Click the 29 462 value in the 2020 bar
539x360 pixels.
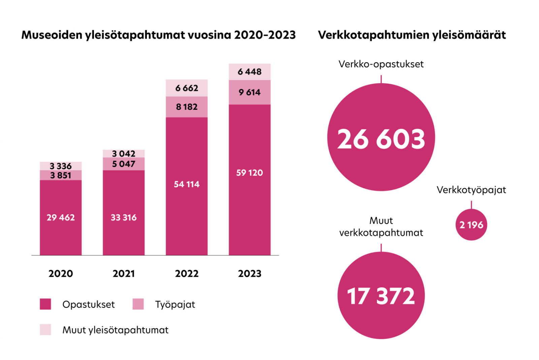click(x=61, y=218)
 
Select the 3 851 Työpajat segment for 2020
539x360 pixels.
click(x=61, y=175)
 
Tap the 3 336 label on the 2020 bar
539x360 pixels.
click(x=61, y=166)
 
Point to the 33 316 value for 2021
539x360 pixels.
click(x=124, y=218)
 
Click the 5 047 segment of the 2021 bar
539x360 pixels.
click(x=124, y=164)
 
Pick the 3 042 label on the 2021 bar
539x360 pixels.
click(x=124, y=154)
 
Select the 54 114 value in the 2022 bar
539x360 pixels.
click(x=187, y=184)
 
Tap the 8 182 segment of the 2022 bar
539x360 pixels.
click(x=187, y=107)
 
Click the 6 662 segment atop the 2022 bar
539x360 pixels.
click(x=187, y=88)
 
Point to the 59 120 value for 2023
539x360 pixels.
click(x=250, y=173)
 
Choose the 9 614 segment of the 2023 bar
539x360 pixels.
click(x=250, y=92)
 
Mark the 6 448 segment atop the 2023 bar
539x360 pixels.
click(x=250, y=72)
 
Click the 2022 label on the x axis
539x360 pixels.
click(x=187, y=273)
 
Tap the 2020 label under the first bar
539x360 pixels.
click(x=61, y=273)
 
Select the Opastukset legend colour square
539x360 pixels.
click(x=45, y=304)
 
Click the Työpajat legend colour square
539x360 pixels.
click(x=138, y=304)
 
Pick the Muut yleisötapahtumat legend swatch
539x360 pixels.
click(x=45, y=330)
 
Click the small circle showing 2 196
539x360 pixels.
click(x=471, y=225)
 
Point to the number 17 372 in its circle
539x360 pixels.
click(x=381, y=296)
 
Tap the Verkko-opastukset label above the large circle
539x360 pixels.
click(x=381, y=64)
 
